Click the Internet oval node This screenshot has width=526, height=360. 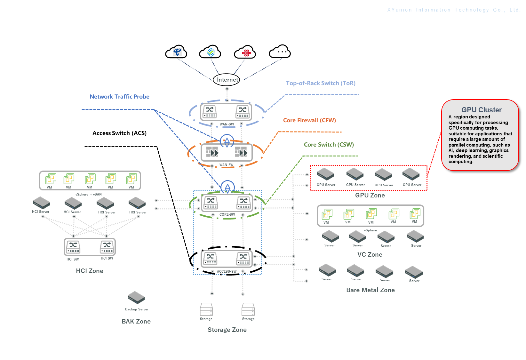(227, 80)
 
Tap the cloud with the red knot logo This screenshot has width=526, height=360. (245, 52)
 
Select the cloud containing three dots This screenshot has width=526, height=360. (280, 52)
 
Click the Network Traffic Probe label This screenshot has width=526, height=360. (119, 97)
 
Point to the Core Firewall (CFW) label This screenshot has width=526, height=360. (309, 120)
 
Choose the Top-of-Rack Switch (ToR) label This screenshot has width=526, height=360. (321, 83)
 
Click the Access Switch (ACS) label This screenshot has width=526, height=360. (119, 133)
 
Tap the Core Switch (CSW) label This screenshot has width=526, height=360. (329, 145)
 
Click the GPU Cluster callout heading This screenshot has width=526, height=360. (481, 110)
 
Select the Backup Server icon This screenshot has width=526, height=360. (136, 298)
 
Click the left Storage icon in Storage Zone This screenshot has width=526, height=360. (206, 309)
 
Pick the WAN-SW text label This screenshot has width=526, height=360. (227, 124)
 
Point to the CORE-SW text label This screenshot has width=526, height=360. (227, 214)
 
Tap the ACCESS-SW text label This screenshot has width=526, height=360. (227, 271)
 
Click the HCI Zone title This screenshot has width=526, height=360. (90, 271)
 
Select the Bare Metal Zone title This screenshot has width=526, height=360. (371, 290)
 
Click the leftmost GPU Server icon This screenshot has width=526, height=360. (325, 174)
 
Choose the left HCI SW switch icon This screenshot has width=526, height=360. (73, 247)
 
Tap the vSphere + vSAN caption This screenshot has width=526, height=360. (89, 194)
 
